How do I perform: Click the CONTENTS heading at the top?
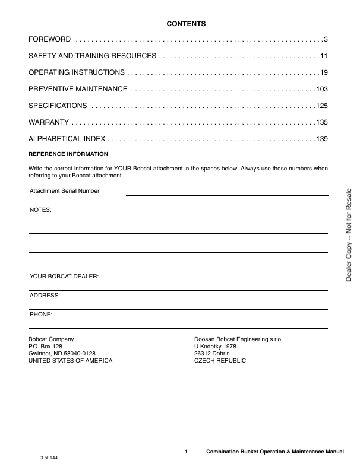[x=186, y=24]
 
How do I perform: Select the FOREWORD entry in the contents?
[x=50, y=39]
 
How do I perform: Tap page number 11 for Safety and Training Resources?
[x=324, y=56]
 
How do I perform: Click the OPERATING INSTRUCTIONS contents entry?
[x=77, y=72]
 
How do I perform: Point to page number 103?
[x=322, y=89]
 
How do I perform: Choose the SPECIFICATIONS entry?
[x=58, y=106]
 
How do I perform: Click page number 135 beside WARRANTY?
[x=322, y=122]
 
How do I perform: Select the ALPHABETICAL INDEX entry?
[x=67, y=139]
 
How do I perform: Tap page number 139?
[x=322, y=139]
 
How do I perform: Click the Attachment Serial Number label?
[x=64, y=191]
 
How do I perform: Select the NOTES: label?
[x=40, y=210]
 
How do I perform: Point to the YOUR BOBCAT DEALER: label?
[x=64, y=277]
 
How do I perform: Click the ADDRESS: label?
[x=45, y=295]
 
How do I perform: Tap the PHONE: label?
[x=41, y=313]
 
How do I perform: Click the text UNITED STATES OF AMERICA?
[x=70, y=361]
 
